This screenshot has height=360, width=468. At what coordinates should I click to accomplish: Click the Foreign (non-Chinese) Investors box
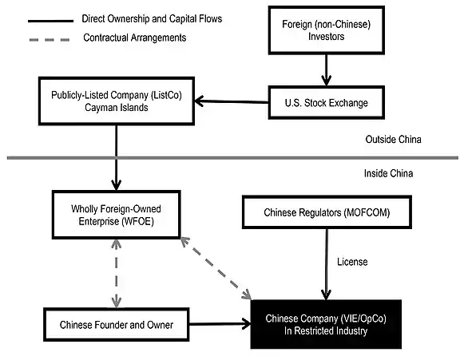coord(326,30)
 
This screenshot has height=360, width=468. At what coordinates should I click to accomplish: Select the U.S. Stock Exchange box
coord(326,103)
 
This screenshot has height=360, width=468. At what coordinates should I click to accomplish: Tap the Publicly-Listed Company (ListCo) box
coord(117,101)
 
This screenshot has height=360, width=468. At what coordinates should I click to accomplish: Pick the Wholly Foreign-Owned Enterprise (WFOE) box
coord(116,215)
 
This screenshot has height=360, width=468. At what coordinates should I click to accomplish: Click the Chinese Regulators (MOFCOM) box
coord(327,212)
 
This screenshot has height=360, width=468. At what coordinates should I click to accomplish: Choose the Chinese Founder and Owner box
coord(116,325)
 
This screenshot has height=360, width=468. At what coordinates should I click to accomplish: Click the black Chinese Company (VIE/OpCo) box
coord(326,324)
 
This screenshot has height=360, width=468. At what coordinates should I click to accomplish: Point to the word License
coord(352,262)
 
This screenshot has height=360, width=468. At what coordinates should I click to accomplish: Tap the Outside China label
coord(394,139)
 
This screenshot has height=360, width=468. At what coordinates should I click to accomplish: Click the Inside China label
coord(388,173)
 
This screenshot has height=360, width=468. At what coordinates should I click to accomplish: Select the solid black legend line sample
coord(51,21)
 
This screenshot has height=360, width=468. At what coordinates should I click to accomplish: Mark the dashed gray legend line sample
coord(50,40)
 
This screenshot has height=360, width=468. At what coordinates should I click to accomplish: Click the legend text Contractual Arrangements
coord(135,38)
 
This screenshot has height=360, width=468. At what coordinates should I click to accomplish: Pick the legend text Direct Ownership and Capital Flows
coord(152,19)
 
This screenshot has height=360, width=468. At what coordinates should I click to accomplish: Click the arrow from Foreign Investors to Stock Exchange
coord(326,70)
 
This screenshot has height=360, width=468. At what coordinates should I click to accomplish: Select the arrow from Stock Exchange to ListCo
coord(232,101)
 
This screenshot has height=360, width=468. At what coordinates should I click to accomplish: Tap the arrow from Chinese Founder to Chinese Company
coord(220,323)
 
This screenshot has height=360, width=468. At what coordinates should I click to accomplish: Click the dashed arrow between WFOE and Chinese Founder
coord(116,274)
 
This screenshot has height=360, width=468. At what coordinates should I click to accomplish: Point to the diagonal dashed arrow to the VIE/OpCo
coord(216,268)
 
